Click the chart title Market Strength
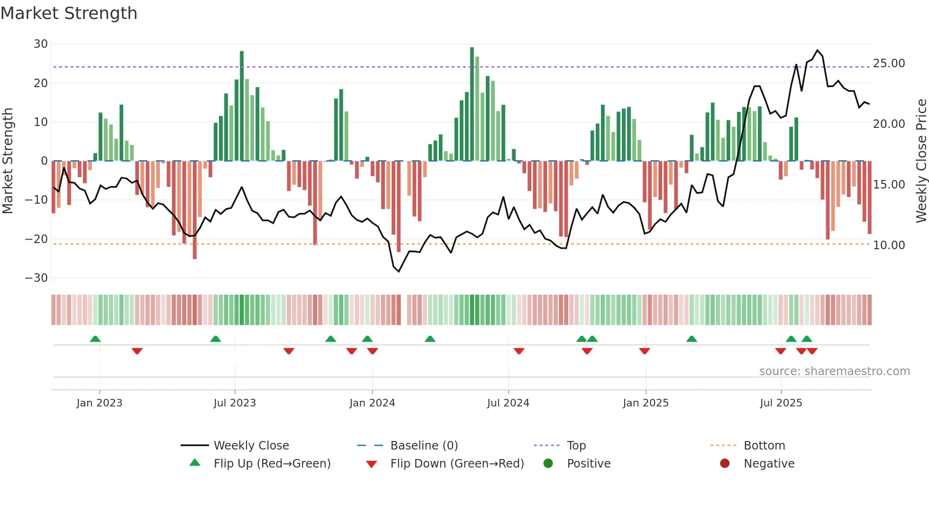(x=69, y=13)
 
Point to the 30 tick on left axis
(x=41, y=44)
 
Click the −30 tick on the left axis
(x=36, y=278)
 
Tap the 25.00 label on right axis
(x=889, y=63)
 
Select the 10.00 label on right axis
(x=889, y=245)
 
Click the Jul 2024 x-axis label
(x=508, y=403)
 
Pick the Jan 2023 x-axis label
(x=100, y=403)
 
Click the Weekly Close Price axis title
(x=921, y=161)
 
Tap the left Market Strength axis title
(x=8, y=161)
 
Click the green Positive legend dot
(x=548, y=464)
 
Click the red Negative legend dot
(x=725, y=464)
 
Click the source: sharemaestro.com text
(x=834, y=371)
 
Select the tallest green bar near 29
(x=472, y=104)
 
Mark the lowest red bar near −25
(x=195, y=211)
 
